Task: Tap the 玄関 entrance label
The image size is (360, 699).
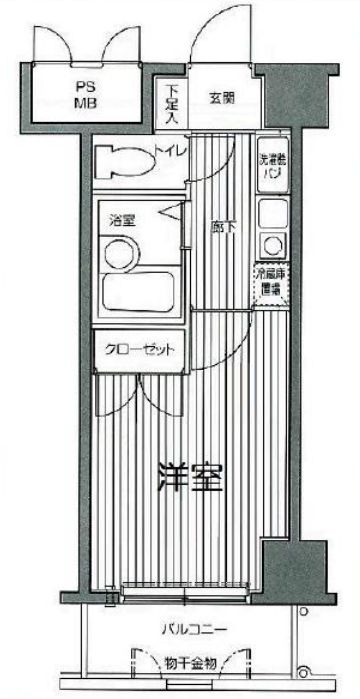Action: pos(222,97)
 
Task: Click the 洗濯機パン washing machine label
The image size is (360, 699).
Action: pos(270,166)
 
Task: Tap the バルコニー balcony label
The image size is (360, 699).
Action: pos(195,629)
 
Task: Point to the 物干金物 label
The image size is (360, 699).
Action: pos(186,662)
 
